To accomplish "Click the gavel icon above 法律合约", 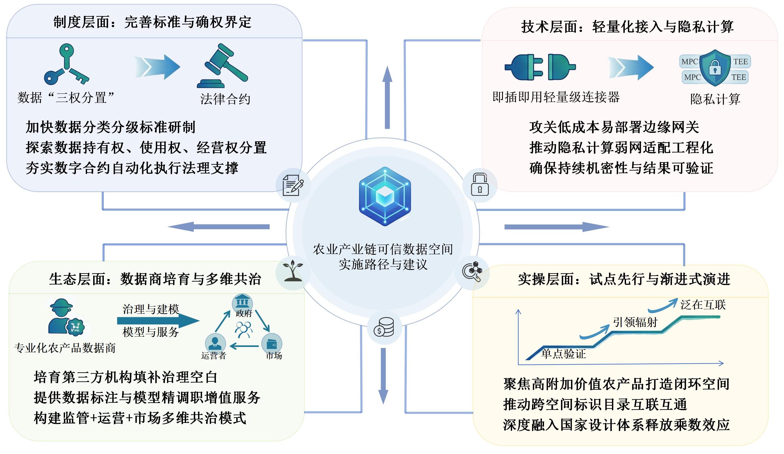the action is coord(222,66).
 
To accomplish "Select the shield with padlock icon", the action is coord(715,68).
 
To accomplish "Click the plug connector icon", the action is coord(540,67).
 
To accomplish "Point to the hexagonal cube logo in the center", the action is coord(385,196).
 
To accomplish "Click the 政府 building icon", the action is coord(242,302).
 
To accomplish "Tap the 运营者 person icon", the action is coord(215,342).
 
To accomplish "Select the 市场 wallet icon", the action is coord(272,343).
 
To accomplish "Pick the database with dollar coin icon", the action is coord(384,327).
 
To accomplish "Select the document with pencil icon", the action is coord(293,185).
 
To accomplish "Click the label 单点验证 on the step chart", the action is coord(563,354).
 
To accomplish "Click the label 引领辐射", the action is coord(635,322).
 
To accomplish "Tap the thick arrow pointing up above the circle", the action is coord(387,97).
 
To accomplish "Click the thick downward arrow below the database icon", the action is coord(383,376).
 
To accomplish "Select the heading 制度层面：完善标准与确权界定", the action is coord(152,22).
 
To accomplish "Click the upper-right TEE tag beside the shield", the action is coord(740,61).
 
